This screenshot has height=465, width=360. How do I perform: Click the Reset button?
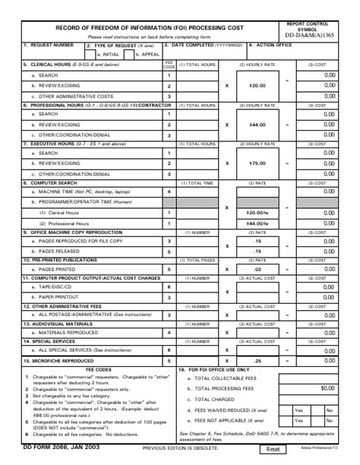coord(275,450)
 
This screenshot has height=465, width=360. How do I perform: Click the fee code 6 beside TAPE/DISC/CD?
coord(169,286)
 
